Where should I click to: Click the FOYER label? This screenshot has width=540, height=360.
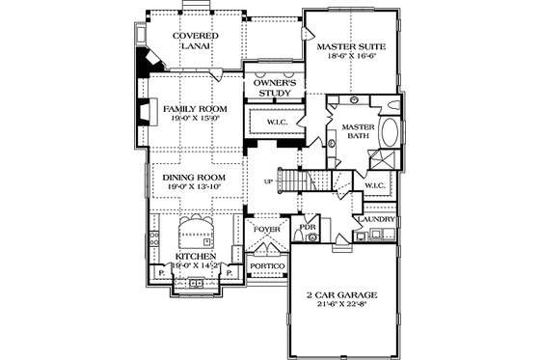coord(264,231)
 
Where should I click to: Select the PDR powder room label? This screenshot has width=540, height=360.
coord(308,229)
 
